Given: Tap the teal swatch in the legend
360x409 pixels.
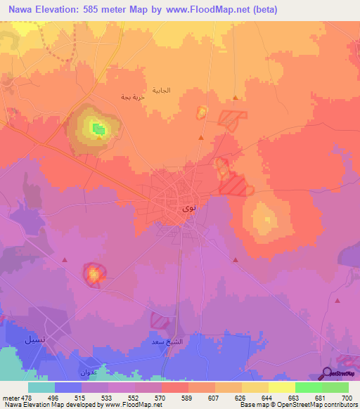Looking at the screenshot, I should pyautogui.click(x=41, y=387).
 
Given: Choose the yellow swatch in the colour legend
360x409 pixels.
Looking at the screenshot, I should pyautogui.click(x=281, y=387).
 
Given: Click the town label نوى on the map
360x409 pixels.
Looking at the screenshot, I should pyautogui.click(x=188, y=208).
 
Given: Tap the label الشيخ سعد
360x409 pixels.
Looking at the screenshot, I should pyautogui.click(x=168, y=342).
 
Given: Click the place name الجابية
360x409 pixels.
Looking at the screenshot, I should pyautogui.click(x=179, y=90).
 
